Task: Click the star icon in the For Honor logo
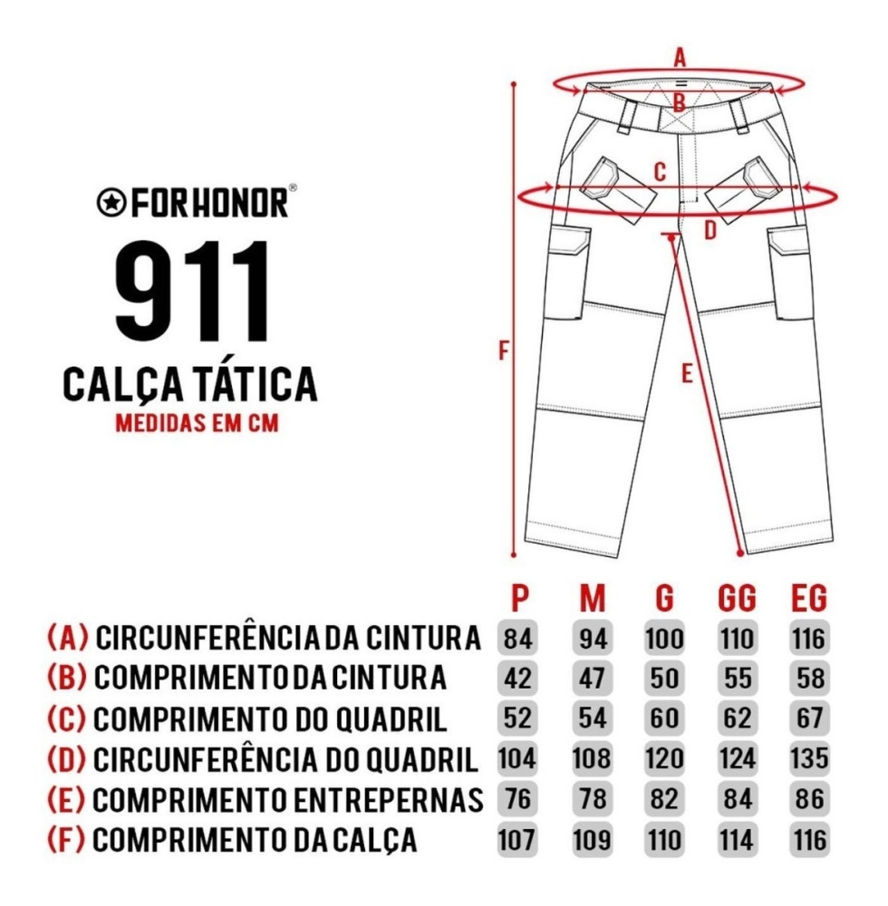pyautogui.click(x=111, y=203)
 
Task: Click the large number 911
pyautogui.click(x=193, y=292)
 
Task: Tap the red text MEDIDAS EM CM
pyautogui.click(x=197, y=423)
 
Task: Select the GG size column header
pyautogui.click(x=737, y=598)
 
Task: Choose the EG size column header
pyautogui.click(x=808, y=598)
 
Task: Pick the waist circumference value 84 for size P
pyautogui.click(x=517, y=639)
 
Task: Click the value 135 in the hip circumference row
pyautogui.click(x=808, y=758)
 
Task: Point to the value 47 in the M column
pyautogui.click(x=593, y=679)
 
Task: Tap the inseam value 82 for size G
pyautogui.click(x=664, y=799)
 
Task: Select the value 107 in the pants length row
pyautogui.click(x=516, y=840)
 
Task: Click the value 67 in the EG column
pyautogui.click(x=809, y=718)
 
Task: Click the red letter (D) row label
pyautogui.click(x=67, y=759)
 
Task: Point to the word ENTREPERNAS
pyautogui.click(x=388, y=800)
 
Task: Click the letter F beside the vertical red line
pyautogui.click(x=504, y=350)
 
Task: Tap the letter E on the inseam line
pyautogui.click(x=686, y=373)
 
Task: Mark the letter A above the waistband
pyautogui.click(x=680, y=58)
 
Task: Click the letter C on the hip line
pyautogui.click(x=660, y=171)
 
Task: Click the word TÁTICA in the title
pyautogui.click(x=253, y=384)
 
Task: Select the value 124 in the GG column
pyautogui.click(x=737, y=758)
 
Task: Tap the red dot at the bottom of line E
pyautogui.click(x=740, y=553)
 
